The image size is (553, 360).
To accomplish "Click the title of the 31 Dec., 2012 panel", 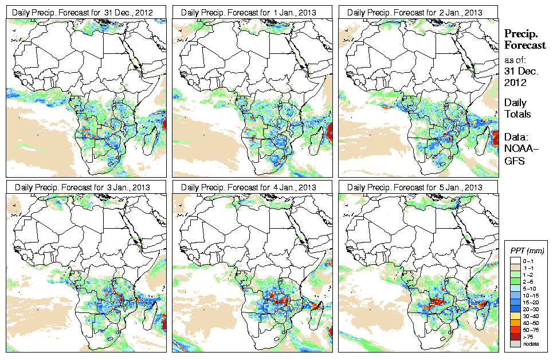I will point(86,12).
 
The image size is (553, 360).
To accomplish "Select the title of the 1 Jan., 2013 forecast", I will point(252,12).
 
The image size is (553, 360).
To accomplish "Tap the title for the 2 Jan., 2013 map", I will point(418,12).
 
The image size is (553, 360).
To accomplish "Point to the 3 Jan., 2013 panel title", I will point(86,187).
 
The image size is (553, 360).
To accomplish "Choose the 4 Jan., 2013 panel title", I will point(252,187).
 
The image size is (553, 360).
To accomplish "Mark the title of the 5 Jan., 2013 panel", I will point(418,187).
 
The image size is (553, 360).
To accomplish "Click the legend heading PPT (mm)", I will point(527,251).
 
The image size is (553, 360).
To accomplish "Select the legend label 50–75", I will point(531,330).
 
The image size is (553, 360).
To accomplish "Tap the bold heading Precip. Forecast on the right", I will point(524,40).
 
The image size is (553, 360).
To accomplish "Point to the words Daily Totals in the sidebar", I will point(517,108).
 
